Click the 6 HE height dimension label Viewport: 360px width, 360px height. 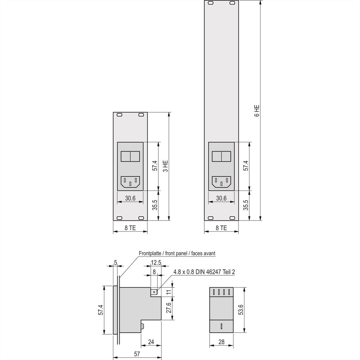[x=257, y=110]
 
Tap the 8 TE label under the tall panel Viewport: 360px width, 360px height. [x=221, y=228]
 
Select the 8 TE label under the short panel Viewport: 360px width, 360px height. [x=130, y=228]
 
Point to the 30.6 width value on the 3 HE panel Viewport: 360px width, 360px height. [x=130, y=198]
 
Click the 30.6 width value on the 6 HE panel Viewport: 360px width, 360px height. [x=221, y=198]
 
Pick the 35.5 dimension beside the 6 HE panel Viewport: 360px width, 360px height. [x=246, y=205]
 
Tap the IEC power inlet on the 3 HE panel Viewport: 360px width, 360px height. [x=130, y=181]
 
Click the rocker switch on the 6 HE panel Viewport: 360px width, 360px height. [x=221, y=156]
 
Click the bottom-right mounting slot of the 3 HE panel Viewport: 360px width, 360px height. [x=141, y=218]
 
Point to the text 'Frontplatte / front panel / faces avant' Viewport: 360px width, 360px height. [x=177, y=253]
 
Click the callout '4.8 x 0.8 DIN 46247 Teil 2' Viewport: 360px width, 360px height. [x=204, y=272]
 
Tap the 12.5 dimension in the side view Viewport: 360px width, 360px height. [x=156, y=262]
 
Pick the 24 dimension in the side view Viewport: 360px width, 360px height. [x=151, y=342]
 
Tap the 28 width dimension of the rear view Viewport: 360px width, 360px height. [x=221, y=342]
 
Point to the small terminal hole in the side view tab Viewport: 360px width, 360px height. [x=154, y=291]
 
